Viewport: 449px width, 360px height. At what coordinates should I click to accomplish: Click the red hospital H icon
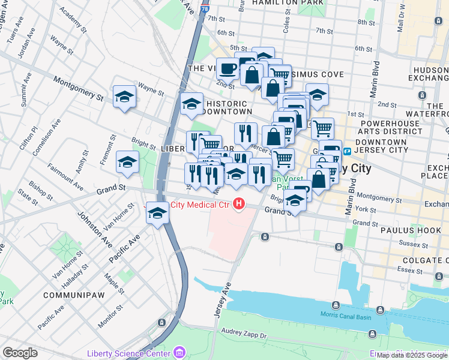pyautogui.click(x=240, y=205)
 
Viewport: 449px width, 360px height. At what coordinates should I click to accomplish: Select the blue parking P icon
pyautogui.click(x=347, y=151)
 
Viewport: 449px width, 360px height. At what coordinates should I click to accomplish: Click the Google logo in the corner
pyautogui.click(x=20, y=353)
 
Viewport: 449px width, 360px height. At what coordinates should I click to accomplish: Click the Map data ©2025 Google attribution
pyautogui.click(x=412, y=355)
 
